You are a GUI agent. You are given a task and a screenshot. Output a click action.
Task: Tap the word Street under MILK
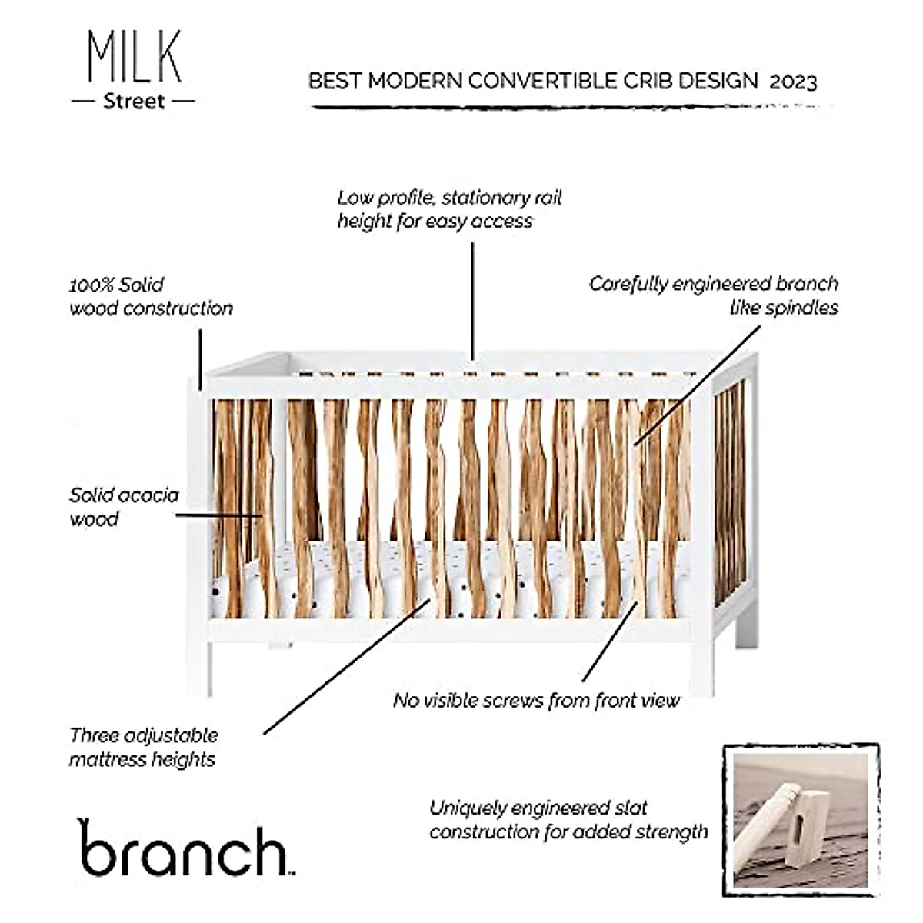point(134,102)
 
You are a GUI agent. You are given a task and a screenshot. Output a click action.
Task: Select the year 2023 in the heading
point(793,82)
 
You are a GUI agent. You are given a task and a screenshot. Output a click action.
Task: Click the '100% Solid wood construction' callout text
point(151,296)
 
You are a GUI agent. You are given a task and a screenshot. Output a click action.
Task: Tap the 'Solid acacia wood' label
point(123,507)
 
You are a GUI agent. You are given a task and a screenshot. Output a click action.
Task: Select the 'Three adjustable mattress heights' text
point(143,747)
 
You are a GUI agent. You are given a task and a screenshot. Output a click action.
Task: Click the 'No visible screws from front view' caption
point(536,700)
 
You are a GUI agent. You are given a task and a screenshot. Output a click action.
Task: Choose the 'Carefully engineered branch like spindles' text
point(713,295)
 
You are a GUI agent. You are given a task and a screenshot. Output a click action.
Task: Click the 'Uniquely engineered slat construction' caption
point(568,819)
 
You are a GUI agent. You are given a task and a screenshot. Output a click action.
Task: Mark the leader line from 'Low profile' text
point(472,300)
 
